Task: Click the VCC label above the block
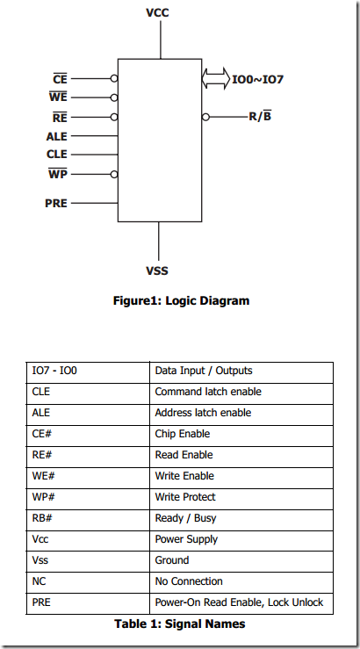157,13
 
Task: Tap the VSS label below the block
157,271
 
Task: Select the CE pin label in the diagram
60,78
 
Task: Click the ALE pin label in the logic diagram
57,136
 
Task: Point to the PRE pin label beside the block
56,203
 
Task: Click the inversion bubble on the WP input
114,175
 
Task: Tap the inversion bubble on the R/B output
205,117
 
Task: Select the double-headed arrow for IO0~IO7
216,78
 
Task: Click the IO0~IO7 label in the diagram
257,79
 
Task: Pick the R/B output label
260,116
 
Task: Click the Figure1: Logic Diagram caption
181,300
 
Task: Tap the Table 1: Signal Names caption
180,624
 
